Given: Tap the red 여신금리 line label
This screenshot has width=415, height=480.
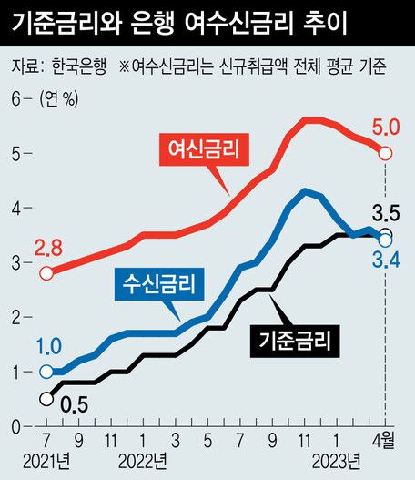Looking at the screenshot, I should click(199, 148).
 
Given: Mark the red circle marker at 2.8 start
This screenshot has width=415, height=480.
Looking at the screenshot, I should click(46, 272).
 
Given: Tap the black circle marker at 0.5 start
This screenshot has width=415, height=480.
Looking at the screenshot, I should click(46, 399).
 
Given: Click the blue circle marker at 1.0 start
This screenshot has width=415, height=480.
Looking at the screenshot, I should click(46, 372).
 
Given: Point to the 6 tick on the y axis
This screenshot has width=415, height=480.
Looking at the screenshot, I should click(15, 100).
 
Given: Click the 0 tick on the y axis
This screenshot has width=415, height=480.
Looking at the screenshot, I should click(15, 426).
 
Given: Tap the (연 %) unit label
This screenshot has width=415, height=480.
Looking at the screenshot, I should click(60, 100).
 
